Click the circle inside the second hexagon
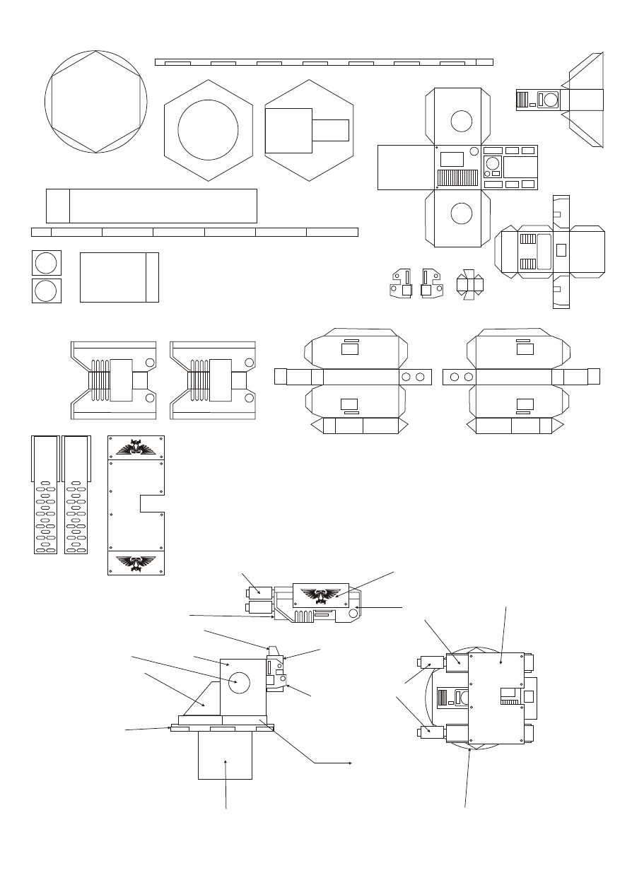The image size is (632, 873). tap(208, 130)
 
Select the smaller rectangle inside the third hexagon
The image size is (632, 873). tap(331, 131)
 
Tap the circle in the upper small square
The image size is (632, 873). tap(46, 263)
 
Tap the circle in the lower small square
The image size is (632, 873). tap(46, 291)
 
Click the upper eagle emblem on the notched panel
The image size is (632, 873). tap(136, 447)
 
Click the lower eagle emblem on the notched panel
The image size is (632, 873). tap(136, 563)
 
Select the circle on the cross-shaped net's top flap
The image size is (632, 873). tap(461, 120)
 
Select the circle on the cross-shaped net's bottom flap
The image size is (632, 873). tap(461, 213)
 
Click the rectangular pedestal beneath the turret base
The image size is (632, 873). tap(225, 755)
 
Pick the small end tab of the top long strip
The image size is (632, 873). tap(485, 62)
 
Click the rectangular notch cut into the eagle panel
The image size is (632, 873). tap(152, 503)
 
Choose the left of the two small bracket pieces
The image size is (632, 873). tap(404, 284)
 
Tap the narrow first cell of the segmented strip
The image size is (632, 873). tap(41, 232)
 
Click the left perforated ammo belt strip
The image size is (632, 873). tap(46, 495)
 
